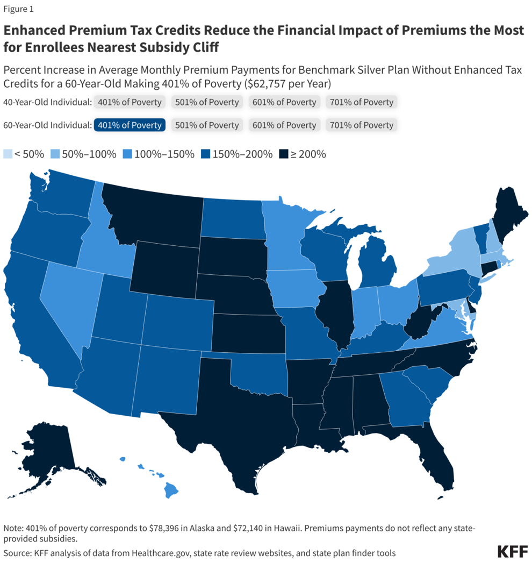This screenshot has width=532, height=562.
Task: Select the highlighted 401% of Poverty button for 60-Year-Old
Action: (x=130, y=125)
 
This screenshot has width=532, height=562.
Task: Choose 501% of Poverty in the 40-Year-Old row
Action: (x=207, y=102)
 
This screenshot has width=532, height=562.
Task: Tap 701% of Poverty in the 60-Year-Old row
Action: (x=362, y=125)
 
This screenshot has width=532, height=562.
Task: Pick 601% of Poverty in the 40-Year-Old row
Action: (x=284, y=102)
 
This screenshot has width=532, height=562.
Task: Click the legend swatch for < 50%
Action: (x=8, y=154)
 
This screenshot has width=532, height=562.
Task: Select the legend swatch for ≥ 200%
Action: (x=283, y=154)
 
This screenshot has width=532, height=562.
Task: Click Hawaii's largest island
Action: (x=171, y=490)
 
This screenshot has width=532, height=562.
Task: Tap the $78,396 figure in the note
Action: (x=154, y=528)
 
